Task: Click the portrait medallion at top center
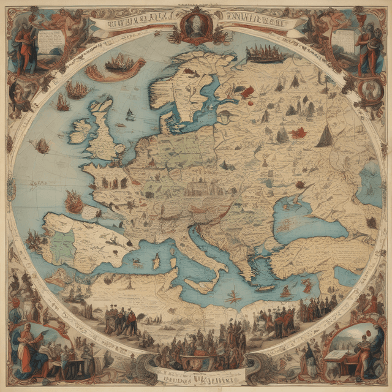[196, 26]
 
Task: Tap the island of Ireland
[79, 130]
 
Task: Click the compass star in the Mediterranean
[232, 298]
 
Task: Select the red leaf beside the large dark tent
[300, 132]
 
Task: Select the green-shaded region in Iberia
[62, 244]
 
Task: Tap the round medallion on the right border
[369, 89]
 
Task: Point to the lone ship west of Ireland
[42, 146]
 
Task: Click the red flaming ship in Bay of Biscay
[74, 202]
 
